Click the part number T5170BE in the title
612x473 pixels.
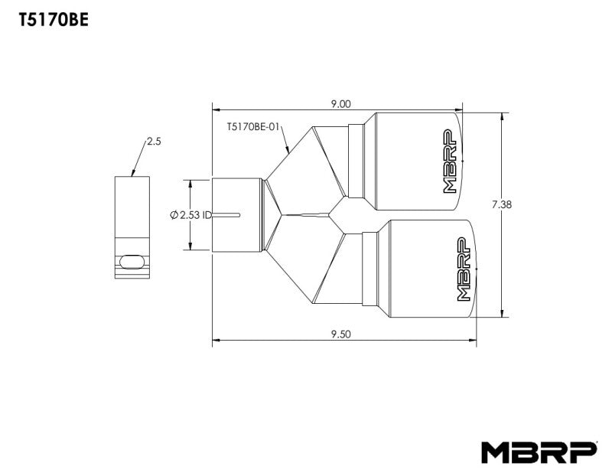[54, 21]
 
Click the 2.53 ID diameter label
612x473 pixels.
[190, 215]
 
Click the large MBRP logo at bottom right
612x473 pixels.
[539, 452]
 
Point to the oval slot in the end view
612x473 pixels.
[132, 260]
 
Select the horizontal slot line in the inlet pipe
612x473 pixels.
[226, 214]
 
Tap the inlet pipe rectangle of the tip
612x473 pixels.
[237, 214]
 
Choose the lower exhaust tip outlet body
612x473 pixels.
[425, 267]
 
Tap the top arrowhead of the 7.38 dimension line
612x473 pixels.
[502, 116]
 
